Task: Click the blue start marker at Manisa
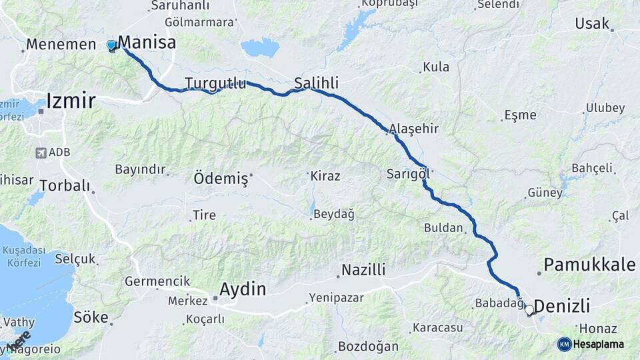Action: click(x=111, y=45)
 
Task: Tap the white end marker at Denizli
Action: click(x=529, y=310)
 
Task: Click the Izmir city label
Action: click(x=71, y=101)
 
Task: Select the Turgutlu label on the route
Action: click(x=215, y=83)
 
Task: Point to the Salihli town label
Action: click(x=316, y=83)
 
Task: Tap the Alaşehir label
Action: click(x=413, y=129)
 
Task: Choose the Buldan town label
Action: click(x=443, y=228)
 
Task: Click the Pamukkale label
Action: click(x=589, y=265)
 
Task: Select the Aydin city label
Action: click(x=243, y=289)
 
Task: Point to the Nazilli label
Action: click(x=363, y=270)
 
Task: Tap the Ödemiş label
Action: click(x=221, y=179)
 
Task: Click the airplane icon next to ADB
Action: click(x=41, y=153)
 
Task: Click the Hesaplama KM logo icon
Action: click(x=564, y=344)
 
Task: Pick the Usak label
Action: click(x=592, y=24)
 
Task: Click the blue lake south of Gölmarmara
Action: click(x=260, y=47)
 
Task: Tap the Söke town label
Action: click(x=91, y=317)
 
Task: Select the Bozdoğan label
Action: click(x=368, y=347)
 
